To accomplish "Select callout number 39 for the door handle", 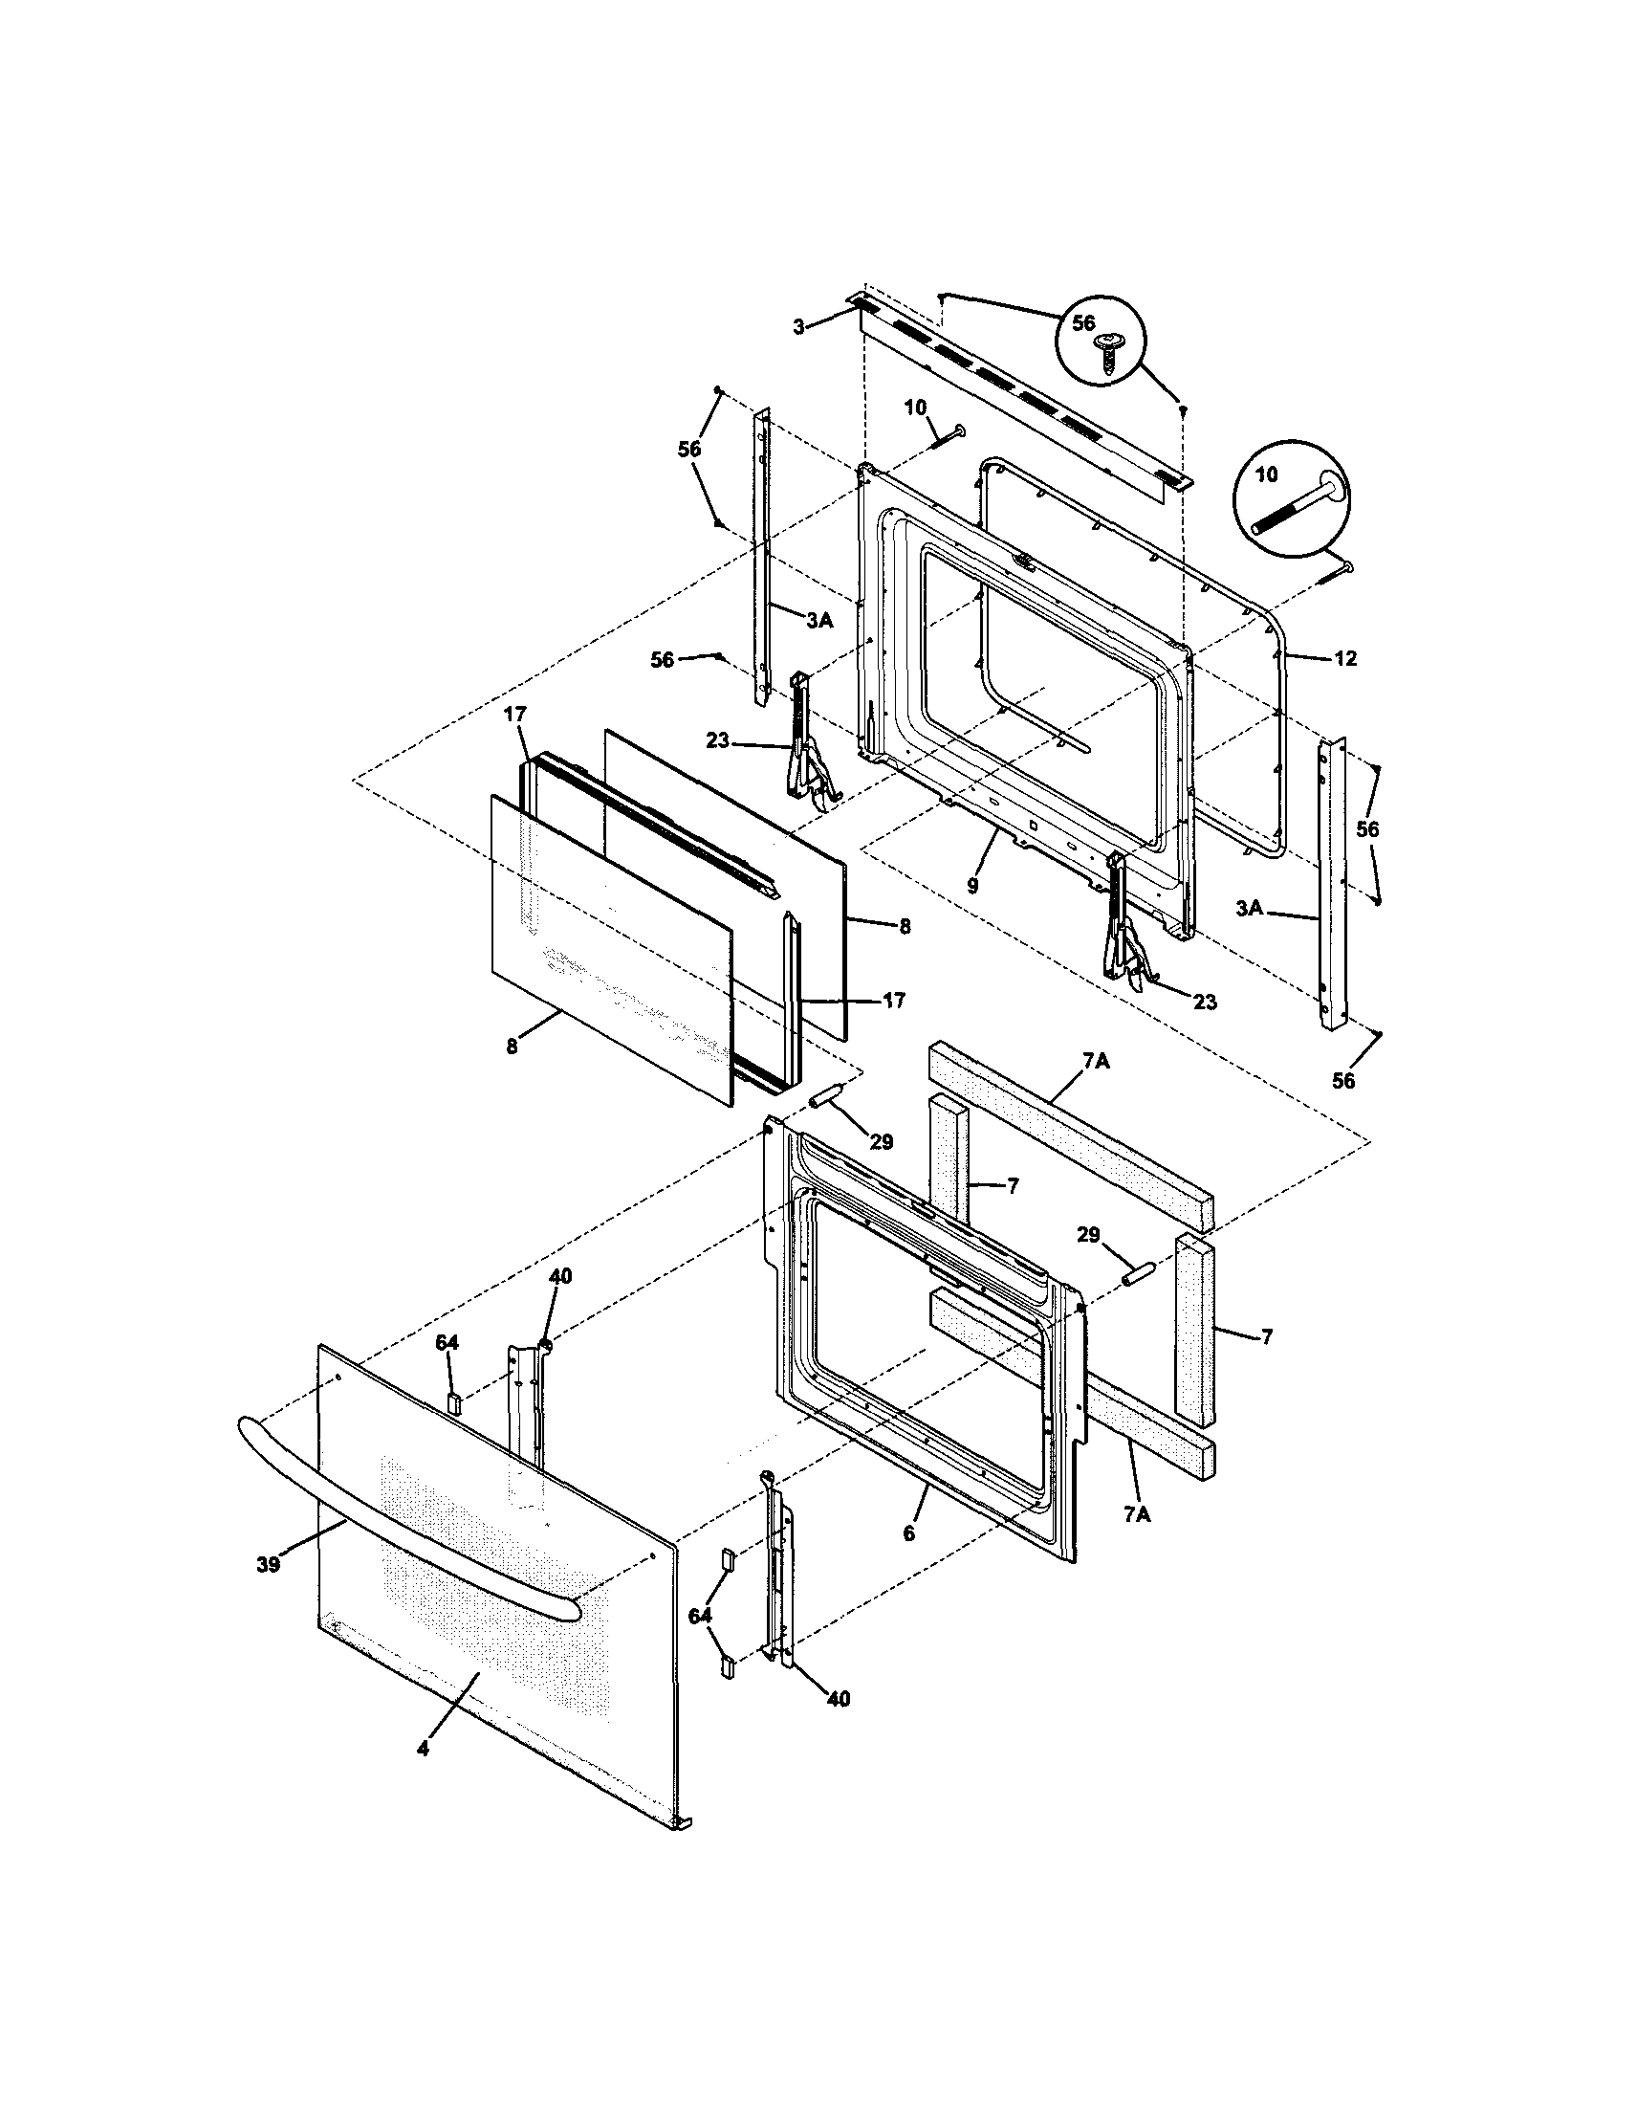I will (269, 1564).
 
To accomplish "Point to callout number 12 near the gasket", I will (1345, 659).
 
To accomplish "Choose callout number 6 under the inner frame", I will (908, 1532).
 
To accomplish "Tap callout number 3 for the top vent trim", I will (799, 327).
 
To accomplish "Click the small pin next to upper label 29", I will (826, 1097).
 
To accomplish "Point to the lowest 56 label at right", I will (1343, 1081).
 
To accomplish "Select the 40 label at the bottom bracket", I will (839, 1698).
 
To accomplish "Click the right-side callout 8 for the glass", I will (905, 926).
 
